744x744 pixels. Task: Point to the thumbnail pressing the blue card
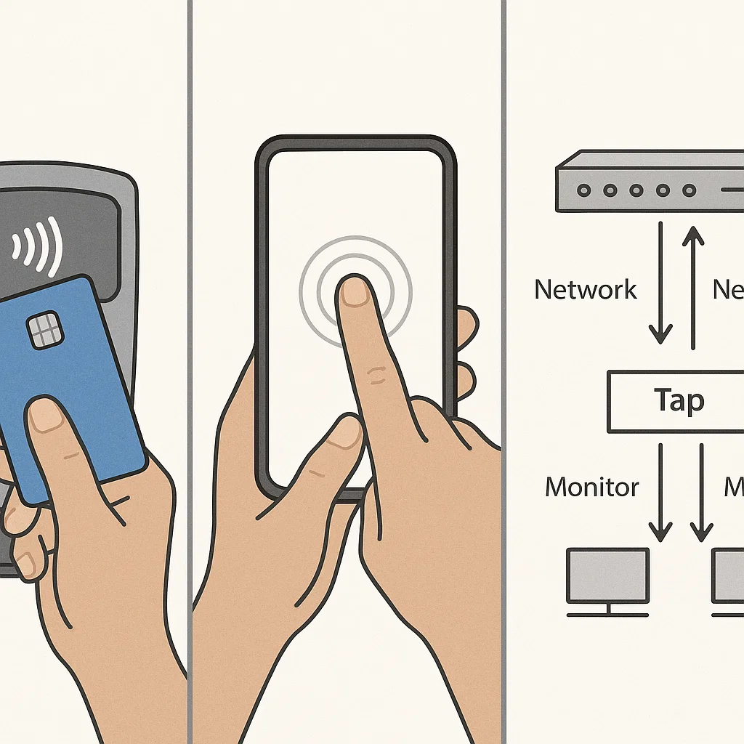pos(45,418)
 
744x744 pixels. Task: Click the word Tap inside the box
pos(679,400)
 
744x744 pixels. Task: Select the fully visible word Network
pos(586,289)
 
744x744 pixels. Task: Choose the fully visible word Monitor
pos(592,487)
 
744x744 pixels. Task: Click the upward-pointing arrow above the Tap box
pos(694,287)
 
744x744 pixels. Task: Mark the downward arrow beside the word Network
pos(660,283)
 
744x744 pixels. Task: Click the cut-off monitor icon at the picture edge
pos(729,578)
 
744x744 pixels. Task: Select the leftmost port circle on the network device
pos(583,190)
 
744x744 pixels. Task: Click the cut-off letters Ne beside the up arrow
pos(728,289)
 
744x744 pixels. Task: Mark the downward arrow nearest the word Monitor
pos(660,494)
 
